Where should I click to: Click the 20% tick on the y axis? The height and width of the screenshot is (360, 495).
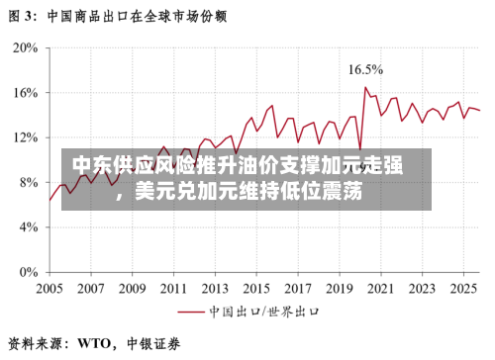pyautogui.click(x=25, y=47)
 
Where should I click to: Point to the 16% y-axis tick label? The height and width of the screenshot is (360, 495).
pyautogui.click(x=25, y=92)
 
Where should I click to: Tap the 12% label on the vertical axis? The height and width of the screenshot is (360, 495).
pyautogui.click(x=25, y=137)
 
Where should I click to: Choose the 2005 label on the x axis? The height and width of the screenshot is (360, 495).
pyautogui.click(x=49, y=290)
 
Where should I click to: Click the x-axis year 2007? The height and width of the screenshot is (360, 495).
pyautogui.click(x=91, y=290)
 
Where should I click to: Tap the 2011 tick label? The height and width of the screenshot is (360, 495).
pyautogui.click(x=173, y=290)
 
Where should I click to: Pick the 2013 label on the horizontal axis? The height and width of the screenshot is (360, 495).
pyautogui.click(x=215, y=290)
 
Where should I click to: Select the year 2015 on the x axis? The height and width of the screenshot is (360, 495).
pyautogui.click(x=256, y=290)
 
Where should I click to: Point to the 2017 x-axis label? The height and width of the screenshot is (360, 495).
pyautogui.click(x=297, y=290)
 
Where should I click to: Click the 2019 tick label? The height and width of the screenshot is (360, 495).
pyautogui.click(x=339, y=290)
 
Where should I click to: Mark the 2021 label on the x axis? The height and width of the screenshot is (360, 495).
pyautogui.click(x=379, y=290)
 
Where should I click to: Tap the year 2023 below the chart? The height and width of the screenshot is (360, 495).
pyautogui.click(x=421, y=290)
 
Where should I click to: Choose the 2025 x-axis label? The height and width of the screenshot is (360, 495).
pyautogui.click(x=461, y=290)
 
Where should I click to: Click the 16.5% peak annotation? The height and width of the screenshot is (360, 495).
pyautogui.click(x=365, y=69)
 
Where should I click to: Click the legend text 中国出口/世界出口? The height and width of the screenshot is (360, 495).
pyautogui.click(x=263, y=311)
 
